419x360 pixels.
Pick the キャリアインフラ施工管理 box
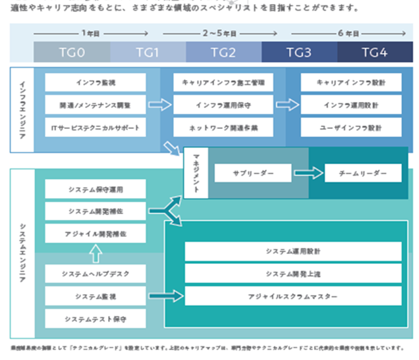(x=223, y=83)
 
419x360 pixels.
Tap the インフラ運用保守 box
(x=223, y=105)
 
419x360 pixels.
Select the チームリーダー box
(x=363, y=173)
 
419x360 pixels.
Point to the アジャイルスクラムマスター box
(x=293, y=297)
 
